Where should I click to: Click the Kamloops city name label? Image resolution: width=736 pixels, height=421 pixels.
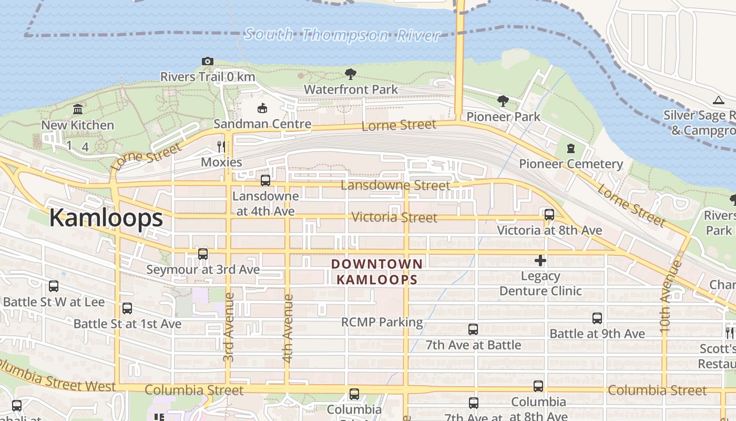click(x=106, y=218)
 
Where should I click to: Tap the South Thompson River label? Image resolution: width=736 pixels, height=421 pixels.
click(x=342, y=35)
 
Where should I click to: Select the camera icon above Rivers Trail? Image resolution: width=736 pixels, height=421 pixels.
click(x=208, y=62)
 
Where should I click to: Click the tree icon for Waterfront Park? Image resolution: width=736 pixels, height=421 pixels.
click(x=350, y=74)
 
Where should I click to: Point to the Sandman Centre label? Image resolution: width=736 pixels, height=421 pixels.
click(x=262, y=124)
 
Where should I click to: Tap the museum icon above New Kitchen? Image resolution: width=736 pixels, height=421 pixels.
click(x=78, y=109)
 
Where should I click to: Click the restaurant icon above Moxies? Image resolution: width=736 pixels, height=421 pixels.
click(x=221, y=146)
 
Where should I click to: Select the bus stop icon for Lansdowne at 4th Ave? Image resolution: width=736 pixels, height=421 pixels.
click(x=265, y=181)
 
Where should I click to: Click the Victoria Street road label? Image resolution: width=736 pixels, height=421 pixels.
click(x=394, y=217)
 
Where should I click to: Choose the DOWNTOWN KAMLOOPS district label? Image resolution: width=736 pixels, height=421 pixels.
click(x=377, y=272)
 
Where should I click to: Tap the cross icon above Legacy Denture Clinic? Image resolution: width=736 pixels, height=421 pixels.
click(x=540, y=260)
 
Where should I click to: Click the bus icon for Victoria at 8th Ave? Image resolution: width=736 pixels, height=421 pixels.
click(x=549, y=215)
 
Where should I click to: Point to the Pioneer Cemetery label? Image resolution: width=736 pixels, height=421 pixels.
click(x=571, y=164)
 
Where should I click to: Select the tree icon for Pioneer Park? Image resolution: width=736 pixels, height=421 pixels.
click(x=503, y=101)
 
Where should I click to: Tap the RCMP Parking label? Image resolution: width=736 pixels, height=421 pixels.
click(x=382, y=322)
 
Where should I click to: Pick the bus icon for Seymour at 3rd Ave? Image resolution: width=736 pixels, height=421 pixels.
click(x=203, y=254)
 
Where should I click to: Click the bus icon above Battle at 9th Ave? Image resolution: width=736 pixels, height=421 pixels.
click(x=597, y=318)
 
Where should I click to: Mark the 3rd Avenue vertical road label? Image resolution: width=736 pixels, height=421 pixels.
click(x=229, y=326)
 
